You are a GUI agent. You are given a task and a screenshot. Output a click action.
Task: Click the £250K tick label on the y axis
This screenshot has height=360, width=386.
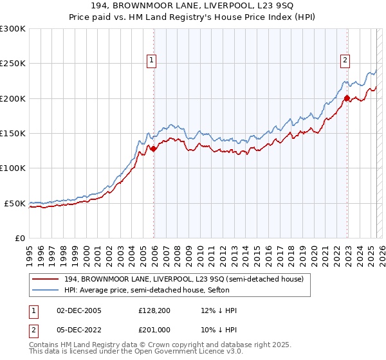[13, 64]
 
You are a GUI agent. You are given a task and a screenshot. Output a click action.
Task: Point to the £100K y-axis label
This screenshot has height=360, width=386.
[13, 168]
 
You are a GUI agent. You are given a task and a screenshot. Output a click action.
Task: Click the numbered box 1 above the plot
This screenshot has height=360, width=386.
[152, 61]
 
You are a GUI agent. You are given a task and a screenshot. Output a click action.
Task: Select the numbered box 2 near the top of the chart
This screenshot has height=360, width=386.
[345, 61]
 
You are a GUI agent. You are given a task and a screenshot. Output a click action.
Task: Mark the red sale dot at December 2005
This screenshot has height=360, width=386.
[154, 148]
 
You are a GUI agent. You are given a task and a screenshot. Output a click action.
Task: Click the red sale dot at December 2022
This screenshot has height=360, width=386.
[347, 98]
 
